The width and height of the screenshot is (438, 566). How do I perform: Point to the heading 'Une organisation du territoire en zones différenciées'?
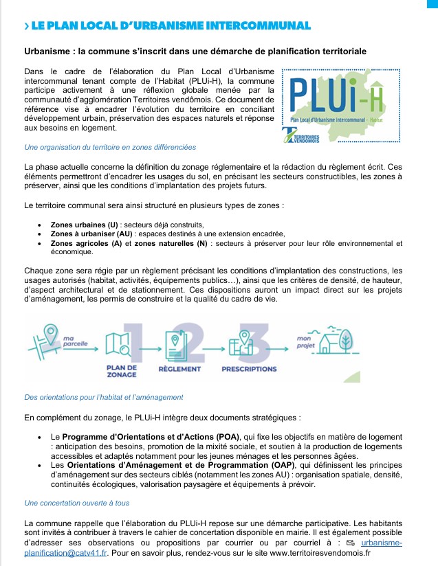pos(110,147)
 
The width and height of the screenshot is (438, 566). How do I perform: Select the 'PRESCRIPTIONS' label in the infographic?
pos(249,369)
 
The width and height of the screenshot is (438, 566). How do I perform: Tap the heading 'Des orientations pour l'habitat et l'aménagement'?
pos(104,397)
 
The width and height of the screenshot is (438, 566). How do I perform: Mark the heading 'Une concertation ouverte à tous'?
pos(76,503)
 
